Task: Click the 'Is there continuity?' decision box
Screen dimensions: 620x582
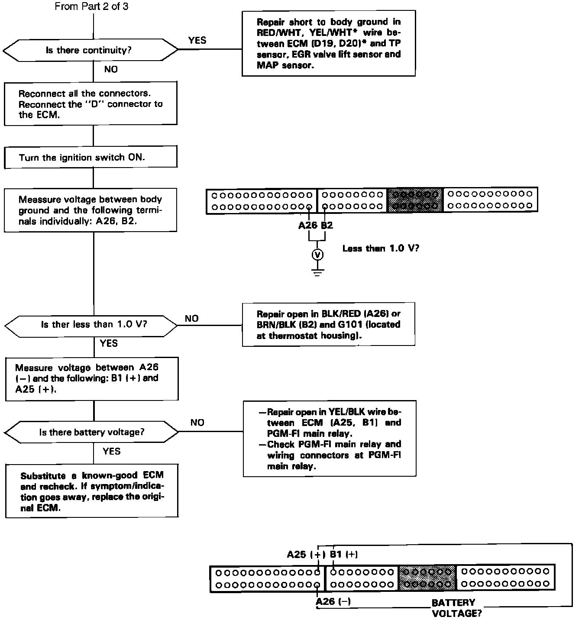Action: point(90,50)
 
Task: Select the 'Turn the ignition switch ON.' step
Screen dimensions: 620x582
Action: point(91,157)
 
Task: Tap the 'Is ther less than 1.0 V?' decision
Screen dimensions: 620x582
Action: point(91,325)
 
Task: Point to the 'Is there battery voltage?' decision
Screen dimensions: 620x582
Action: point(91,432)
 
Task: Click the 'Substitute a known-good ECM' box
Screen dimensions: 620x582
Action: point(92,491)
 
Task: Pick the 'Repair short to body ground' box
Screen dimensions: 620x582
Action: point(328,43)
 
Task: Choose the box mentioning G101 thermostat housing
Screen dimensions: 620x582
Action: point(328,324)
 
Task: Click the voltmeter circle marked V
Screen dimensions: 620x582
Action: point(317,255)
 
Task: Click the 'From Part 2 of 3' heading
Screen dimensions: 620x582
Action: point(91,6)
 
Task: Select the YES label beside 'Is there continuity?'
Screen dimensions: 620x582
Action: point(197,40)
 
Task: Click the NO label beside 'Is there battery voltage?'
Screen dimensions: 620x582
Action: point(197,423)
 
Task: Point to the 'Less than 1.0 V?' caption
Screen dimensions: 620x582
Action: point(380,249)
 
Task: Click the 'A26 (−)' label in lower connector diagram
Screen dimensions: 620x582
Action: point(333,601)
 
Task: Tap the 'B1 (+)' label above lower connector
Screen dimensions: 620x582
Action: point(344,554)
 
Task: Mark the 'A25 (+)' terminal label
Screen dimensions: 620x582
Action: point(306,554)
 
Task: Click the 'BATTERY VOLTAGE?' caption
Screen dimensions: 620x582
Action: point(454,607)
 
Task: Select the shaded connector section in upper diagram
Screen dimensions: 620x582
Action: point(415,200)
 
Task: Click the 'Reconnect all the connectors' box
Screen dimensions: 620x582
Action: point(91,104)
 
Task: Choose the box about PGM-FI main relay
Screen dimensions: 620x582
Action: point(329,439)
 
